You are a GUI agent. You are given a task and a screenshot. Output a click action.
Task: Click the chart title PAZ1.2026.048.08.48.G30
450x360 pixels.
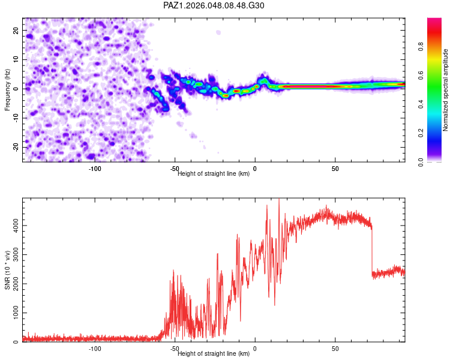214,5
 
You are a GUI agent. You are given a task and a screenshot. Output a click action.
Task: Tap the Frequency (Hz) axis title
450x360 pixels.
7,90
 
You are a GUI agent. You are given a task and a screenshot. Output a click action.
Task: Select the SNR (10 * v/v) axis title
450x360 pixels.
7,270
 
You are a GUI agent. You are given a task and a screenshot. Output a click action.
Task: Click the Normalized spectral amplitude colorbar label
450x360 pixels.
445,90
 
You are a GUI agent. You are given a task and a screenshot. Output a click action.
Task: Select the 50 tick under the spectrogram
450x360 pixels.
335,169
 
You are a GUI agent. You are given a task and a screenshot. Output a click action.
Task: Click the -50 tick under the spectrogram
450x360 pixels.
175,169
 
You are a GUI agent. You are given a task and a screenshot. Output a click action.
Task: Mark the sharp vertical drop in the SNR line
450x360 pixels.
372,252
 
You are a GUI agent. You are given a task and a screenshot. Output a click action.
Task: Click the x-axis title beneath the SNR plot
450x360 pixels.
214,354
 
